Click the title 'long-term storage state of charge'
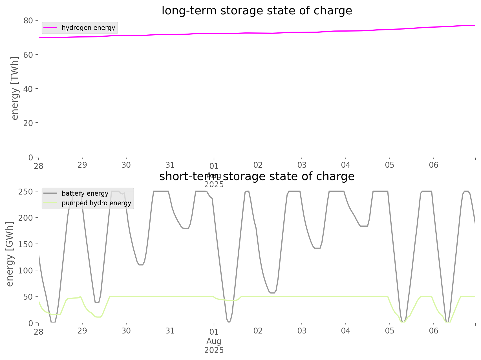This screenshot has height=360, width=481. (257, 11)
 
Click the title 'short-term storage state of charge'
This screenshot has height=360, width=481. (257, 176)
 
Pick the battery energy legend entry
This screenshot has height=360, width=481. (85, 193)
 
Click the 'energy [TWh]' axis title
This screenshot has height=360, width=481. (15, 88)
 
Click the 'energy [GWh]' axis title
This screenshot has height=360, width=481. (10, 254)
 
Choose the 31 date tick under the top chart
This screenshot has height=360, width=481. (170, 165)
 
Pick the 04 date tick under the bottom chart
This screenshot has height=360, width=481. (346, 331)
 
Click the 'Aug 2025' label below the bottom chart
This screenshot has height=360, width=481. (214, 346)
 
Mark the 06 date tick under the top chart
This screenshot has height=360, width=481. (434, 165)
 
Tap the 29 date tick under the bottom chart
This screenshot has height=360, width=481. (82, 331)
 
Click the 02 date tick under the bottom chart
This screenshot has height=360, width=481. (258, 331)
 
